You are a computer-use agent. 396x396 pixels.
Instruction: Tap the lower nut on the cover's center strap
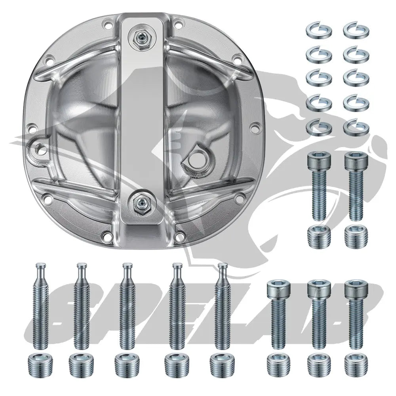tap(141, 204)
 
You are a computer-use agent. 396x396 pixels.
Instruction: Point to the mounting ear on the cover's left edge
tap(39, 149)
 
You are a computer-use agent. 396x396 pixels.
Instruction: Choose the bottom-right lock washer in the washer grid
tap(356, 128)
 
